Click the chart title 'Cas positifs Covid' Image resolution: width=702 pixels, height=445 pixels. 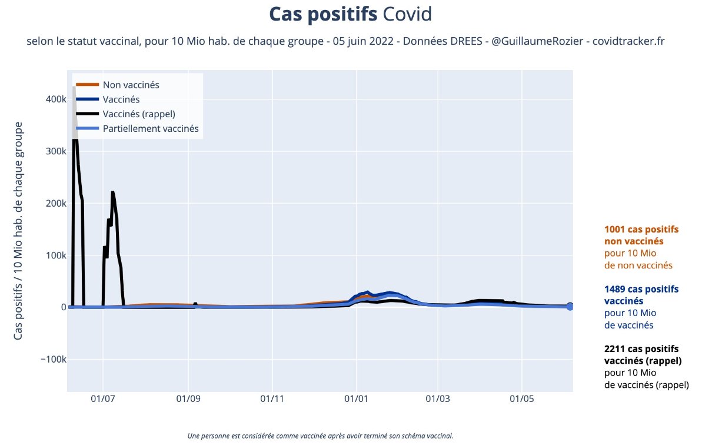click(351, 15)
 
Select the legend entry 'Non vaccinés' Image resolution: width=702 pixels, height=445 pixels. click(131, 85)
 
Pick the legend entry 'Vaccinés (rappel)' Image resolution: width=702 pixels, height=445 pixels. click(139, 114)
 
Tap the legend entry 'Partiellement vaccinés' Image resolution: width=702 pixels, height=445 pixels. click(151, 128)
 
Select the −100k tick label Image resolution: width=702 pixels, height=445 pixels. click(53, 360)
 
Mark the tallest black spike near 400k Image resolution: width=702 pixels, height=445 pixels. click(74, 88)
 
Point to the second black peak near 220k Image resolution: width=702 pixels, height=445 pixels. click(112, 192)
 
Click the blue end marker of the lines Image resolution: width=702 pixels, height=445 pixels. click(570, 307)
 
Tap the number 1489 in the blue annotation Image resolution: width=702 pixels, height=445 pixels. click(616, 289)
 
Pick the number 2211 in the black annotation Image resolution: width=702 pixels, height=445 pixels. click(616, 348)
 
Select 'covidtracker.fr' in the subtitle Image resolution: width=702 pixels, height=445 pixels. click(628, 42)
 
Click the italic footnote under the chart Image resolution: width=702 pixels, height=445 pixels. click(320, 436)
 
